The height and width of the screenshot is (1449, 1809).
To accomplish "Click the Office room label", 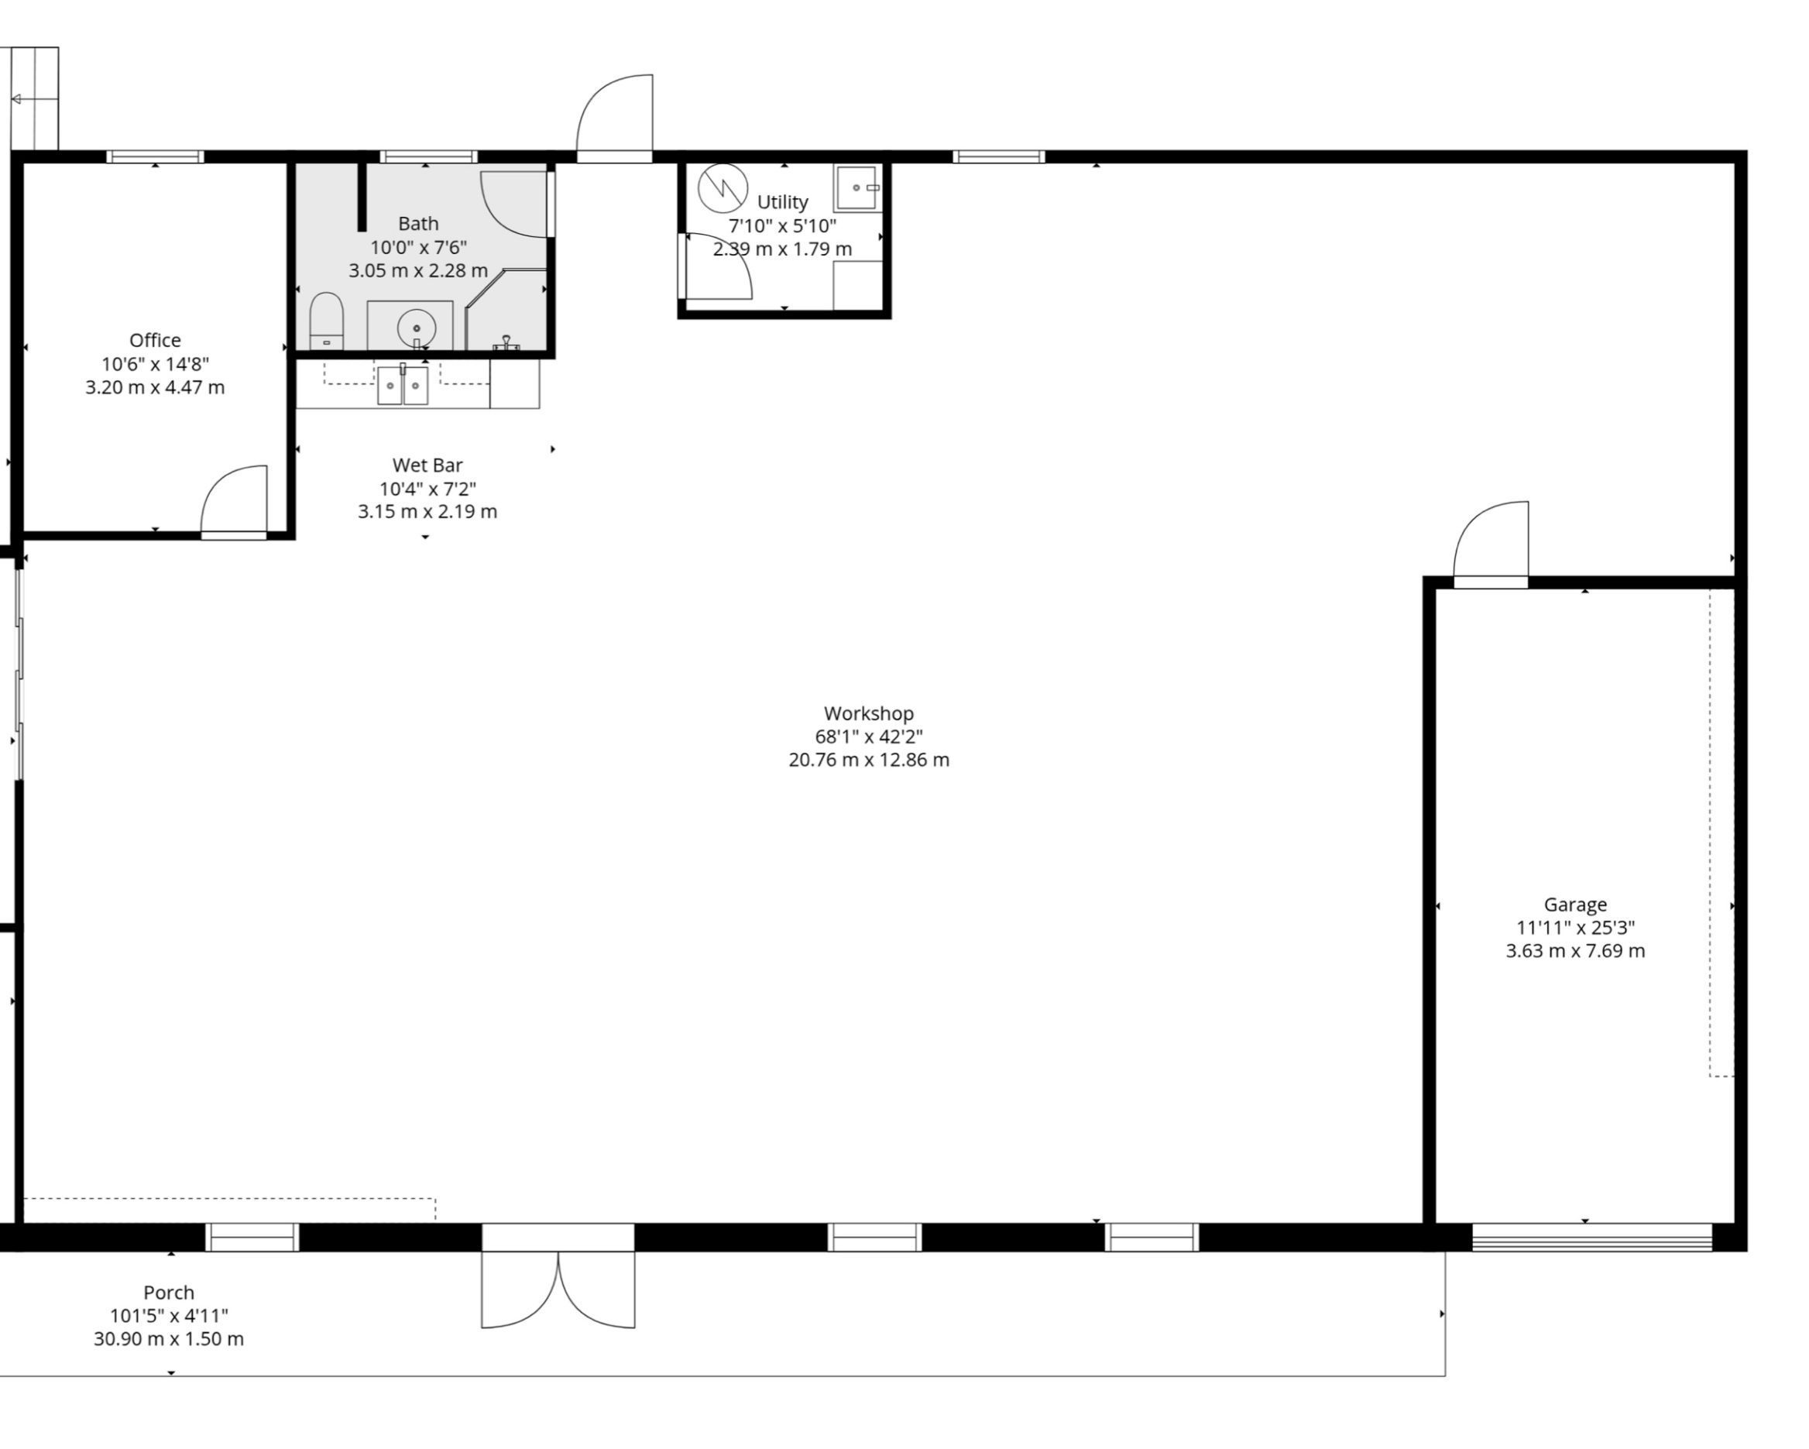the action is point(155,340).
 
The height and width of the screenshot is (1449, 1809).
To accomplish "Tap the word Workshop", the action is point(868,713).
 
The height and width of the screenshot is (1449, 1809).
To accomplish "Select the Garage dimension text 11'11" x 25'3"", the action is point(1575,928).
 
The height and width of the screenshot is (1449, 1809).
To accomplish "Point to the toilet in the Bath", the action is point(326,321).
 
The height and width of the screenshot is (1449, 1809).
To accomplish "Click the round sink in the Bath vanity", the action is point(416,328).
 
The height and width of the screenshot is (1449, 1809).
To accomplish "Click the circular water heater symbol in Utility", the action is point(723,188).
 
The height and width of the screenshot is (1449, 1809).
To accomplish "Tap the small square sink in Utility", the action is point(857,188).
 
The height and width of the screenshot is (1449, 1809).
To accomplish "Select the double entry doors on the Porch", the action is point(558,1289).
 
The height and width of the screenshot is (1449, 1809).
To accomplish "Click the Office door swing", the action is point(234,502).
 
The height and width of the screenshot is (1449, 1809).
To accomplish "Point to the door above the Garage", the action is point(1490,544).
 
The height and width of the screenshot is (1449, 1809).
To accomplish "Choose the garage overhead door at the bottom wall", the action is point(1591,1238).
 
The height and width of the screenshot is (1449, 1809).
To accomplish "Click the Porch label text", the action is point(169,1293).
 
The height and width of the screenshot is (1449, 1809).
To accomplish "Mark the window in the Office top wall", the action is point(155,157).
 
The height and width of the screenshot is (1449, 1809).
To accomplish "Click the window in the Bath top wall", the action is point(429,157).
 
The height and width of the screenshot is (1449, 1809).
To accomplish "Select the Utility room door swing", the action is point(715,266).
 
